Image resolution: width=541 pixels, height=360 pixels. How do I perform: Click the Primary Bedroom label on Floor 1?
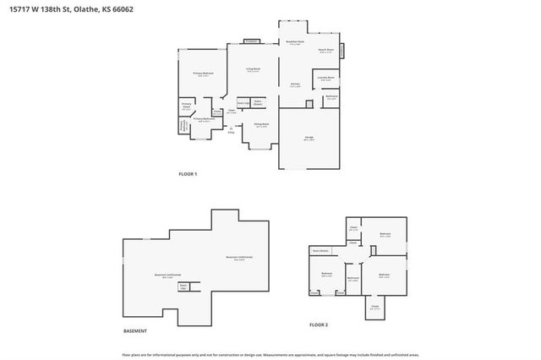202,75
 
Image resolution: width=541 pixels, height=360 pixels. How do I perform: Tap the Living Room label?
253,70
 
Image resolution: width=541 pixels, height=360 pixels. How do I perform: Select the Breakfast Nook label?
295,43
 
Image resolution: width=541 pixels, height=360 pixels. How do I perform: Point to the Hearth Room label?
327,51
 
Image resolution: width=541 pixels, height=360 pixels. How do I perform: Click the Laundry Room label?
326,79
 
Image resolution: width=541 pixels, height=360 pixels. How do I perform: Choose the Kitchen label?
296,85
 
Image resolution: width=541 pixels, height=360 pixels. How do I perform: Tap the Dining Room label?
261,125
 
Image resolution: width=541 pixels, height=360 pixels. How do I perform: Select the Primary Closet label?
186,106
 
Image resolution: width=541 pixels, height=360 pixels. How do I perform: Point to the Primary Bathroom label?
202,120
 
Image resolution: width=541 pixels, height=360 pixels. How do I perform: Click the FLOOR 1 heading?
187,174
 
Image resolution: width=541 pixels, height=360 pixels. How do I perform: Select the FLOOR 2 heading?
318,325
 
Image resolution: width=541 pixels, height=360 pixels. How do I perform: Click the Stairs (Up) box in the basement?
183,287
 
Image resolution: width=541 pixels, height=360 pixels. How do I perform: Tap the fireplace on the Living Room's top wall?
251,41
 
